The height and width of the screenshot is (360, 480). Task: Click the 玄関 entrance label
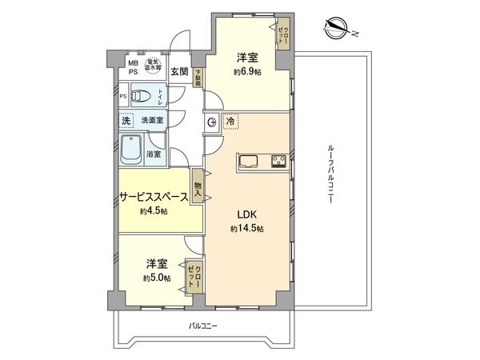click(179, 71)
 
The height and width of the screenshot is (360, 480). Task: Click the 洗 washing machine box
click(125, 120)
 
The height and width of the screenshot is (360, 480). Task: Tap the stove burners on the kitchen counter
click(278, 159)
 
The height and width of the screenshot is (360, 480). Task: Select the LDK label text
click(246, 214)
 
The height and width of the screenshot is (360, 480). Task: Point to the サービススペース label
click(154, 197)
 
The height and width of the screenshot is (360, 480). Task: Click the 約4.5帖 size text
click(153, 211)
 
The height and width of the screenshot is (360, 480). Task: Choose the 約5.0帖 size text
click(155, 277)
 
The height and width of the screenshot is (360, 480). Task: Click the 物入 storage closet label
click(198, 191)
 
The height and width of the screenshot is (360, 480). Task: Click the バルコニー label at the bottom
click(203, 326)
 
